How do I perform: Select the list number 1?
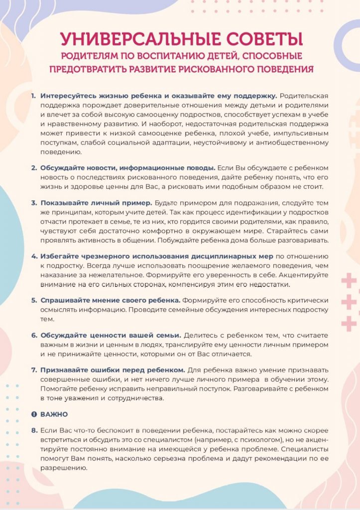tap(33, 95)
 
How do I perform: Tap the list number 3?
tap(34, 203)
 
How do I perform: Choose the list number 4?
tap(34, 256)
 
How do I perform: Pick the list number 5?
tap(34, 300)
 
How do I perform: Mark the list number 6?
tap(34, 336)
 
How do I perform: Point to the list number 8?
tap(34, 430)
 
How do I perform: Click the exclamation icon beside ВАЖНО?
tap(34, 414)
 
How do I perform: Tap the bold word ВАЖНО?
tap(54, 414)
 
